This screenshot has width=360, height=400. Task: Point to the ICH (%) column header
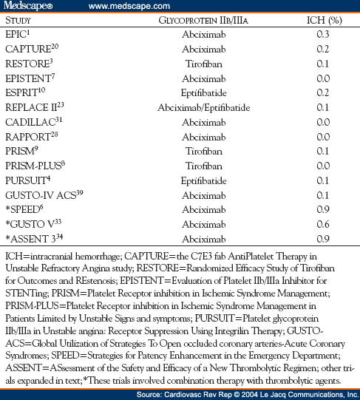tap(323, 20)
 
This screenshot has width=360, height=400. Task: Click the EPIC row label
tap(18, 34)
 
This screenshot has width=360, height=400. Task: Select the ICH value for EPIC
tap(323, 34)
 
